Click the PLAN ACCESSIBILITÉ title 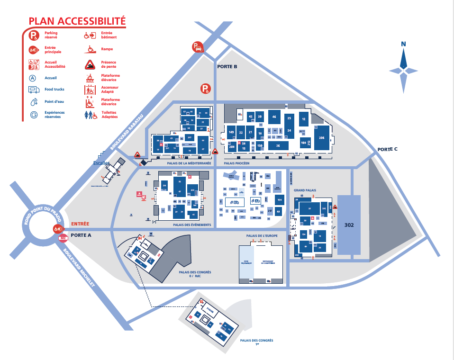(x=77, y=21)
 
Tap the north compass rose (x=404, y=70)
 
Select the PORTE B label (x=227, y=66)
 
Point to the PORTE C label (x=387, y=149)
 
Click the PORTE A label (x=81, y=235)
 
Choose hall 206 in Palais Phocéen (x=321, y=137)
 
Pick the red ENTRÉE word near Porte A (x=80, y=224)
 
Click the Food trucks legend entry (x=54, y=89)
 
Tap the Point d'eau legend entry (x=54, y=101)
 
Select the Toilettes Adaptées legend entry (x=109, y=115)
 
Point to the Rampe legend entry (x=107, y=48)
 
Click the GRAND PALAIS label (x=305, y=190)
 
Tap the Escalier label (x=101, y=163)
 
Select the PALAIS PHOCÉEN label (x=236, y=162)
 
